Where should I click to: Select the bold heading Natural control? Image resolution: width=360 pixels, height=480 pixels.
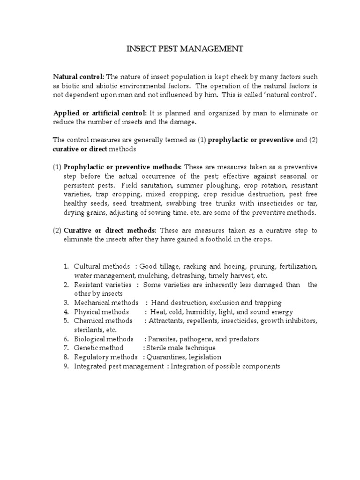coord(78,77)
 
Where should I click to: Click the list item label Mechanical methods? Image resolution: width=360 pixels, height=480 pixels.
coord(106,303)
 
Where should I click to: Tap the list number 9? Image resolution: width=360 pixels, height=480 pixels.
coord(66,366)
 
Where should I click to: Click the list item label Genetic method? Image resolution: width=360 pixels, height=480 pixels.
coord(98,348)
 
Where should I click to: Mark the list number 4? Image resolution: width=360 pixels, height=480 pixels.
coord(66,312)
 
